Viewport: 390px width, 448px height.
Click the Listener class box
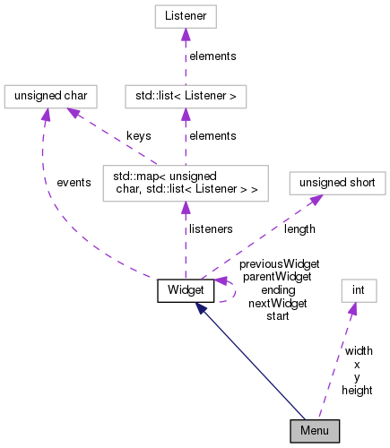pos(185,16)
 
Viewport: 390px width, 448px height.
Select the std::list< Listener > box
pos(185,94)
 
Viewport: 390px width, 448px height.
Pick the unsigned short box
pos(336,183)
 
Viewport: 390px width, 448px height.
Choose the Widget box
pos(186,290)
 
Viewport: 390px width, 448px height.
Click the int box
pos(359,290)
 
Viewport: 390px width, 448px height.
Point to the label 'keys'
pos(138,135)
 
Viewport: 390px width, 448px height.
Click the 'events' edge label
pos(74,182)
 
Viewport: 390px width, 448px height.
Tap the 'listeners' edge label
pos(211,229)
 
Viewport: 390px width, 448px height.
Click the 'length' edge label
pos(299,229)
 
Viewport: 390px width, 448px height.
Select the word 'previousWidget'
pos(279,264)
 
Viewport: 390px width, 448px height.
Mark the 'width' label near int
pos(359,351)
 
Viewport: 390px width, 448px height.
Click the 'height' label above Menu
pos(357,390)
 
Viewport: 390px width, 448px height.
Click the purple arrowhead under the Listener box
pos(185,33)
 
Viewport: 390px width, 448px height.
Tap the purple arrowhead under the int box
pos(352,308)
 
